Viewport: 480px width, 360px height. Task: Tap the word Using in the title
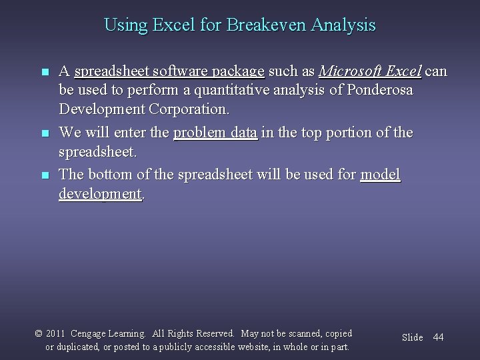pyautogui.click(x=122, y=26)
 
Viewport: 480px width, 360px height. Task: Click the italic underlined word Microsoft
pyautogui.click(x=351, y=71)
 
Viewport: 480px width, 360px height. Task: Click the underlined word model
pyautogui.click(x=380, y=175)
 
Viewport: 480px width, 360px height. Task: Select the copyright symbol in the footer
pyautogui.click(x=38, y=333)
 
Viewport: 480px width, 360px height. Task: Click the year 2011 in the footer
pyautogui.click(x=56, y=333)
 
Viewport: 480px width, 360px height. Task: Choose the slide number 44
pyautogui.click(x=438, y=337)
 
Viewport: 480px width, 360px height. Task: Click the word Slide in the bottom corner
pyautogui.click(x=412, y=337)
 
